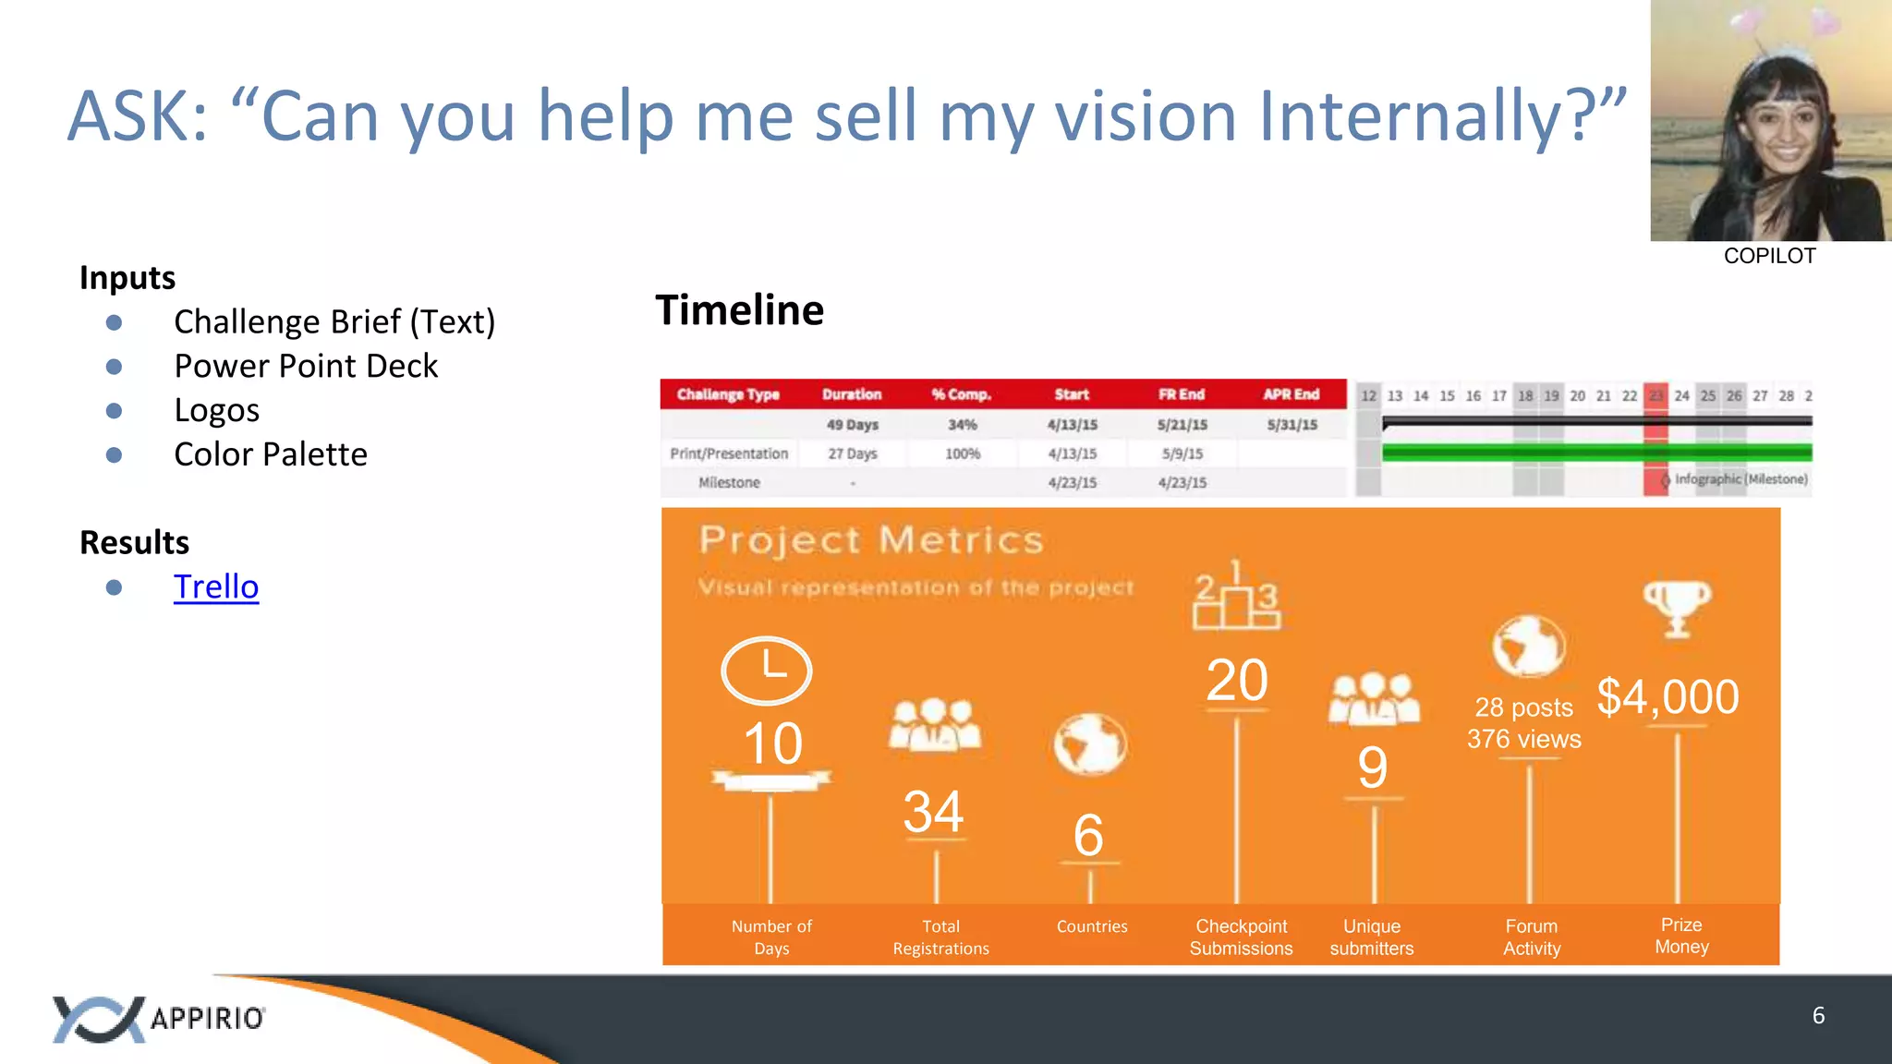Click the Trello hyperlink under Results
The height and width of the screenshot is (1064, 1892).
click(216, 587)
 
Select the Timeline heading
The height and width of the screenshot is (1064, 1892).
click(739, 310)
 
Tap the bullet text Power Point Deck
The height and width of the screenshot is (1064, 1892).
click(306, 367)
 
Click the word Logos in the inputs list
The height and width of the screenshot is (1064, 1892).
click(217, 410)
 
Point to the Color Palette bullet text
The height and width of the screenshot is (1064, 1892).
click(271, 454)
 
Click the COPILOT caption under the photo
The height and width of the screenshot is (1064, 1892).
click(1769, 256)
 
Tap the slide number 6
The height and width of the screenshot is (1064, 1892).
click(1818, 1016)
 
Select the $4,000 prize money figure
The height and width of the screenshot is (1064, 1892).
click(1668, 697)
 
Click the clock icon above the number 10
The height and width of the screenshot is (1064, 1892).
click(766, 671)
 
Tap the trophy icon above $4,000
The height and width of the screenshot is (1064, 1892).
click(1677, 608)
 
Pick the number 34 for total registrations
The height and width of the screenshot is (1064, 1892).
click(933, 812)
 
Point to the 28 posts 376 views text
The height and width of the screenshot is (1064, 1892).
click(1524, 723)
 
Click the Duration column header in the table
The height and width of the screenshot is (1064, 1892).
click(852, 394)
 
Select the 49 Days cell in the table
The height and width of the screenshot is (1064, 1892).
click(852, 425)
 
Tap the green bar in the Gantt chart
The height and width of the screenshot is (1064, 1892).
click(1596, 453)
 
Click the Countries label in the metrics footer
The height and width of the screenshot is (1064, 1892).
click(1092, 926)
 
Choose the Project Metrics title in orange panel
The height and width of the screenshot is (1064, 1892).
click(870, 540)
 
